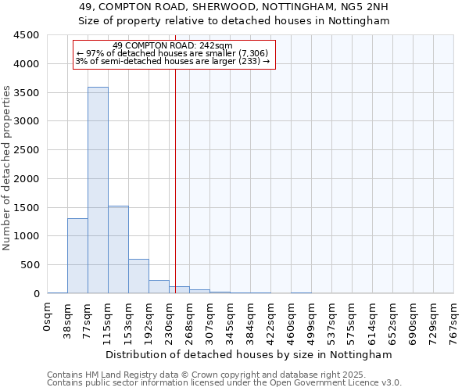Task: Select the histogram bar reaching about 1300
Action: [x=77, y=256]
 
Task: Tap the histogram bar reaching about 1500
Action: [x=118, y=249]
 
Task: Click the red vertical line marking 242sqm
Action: [x=175, y=180]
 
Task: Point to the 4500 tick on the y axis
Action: [x=27, y=35]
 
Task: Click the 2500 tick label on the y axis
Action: [x=27, y=150]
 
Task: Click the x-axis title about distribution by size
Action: [x=249, y=354]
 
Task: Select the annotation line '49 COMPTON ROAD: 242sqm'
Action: [x=173, y=45]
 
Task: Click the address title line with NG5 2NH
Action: [x=234, y=7]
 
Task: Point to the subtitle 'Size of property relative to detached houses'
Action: [x=234, y=21]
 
